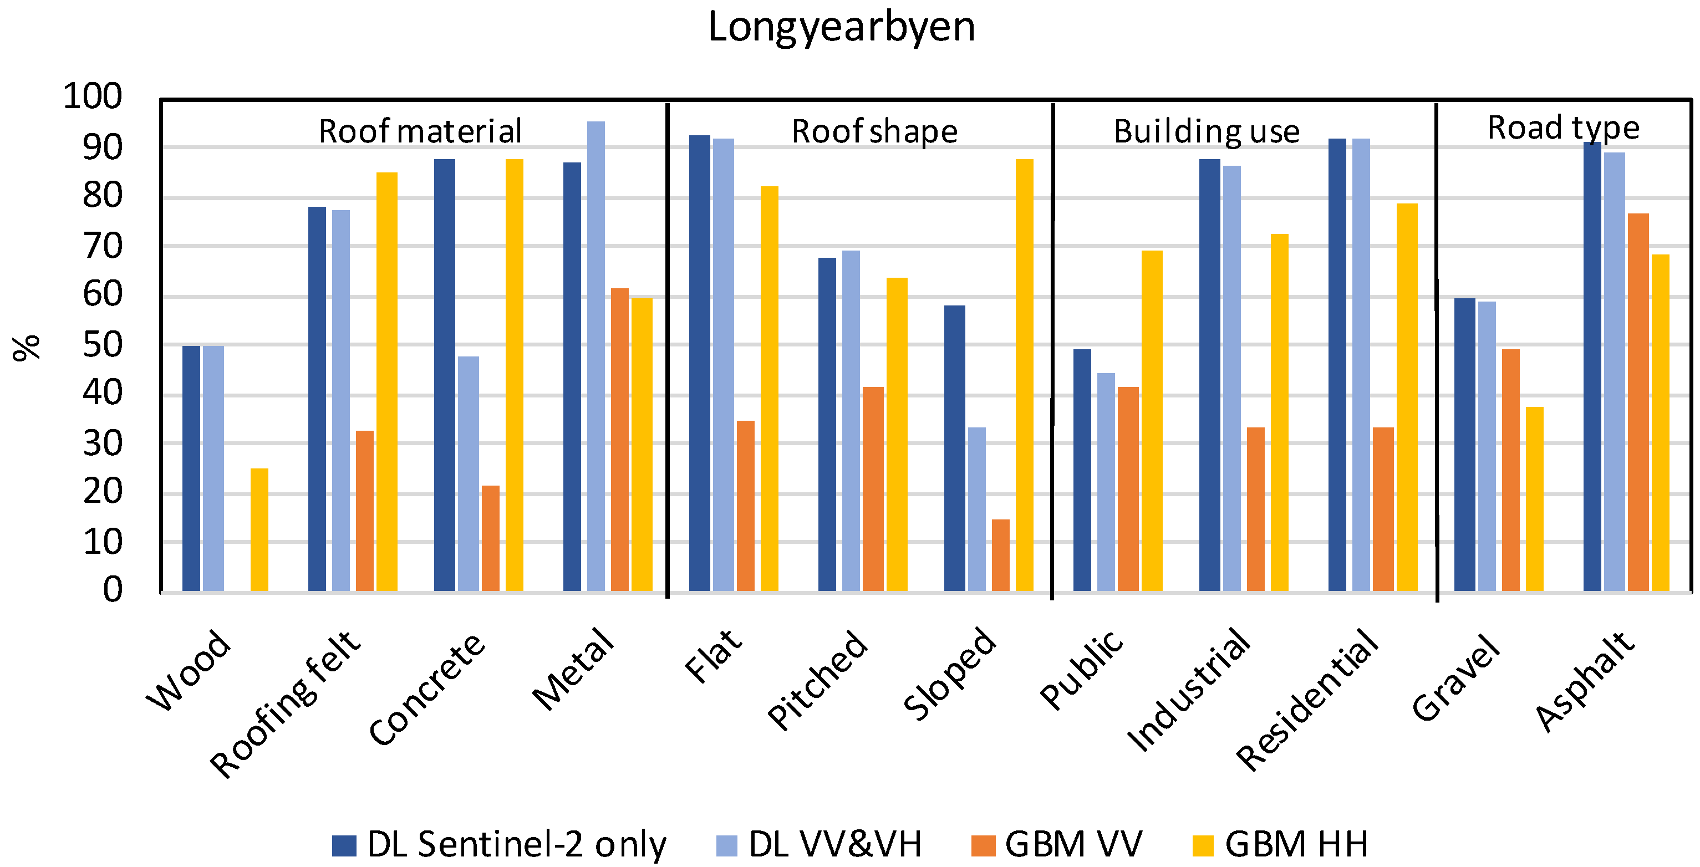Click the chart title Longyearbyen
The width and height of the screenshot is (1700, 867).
point(841,28)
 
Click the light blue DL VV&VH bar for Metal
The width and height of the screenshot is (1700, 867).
point(595,356)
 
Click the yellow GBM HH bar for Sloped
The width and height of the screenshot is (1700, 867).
point(1024,375)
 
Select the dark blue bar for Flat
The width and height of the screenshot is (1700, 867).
point(700,363)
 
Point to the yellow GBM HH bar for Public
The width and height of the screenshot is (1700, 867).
point(1152,421)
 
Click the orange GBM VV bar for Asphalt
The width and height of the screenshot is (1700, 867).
point(1638,402)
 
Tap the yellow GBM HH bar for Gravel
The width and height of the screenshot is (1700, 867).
point(1534,499)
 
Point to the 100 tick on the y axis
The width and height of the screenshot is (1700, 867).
point(93,96)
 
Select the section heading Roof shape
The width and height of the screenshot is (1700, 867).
point(874,131)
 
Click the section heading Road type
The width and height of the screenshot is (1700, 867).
point(1562,128)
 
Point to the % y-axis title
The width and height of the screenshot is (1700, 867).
point(27,348)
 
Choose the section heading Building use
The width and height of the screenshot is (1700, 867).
point(1207,131)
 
